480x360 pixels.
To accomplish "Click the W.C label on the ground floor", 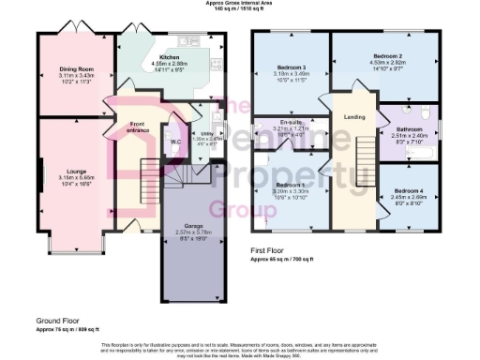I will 174,142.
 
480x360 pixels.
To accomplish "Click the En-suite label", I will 290,121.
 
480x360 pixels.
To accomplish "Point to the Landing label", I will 354,116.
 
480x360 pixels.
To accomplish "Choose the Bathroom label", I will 410,128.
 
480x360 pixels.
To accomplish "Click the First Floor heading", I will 269,250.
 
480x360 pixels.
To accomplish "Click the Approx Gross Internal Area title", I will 240,4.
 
